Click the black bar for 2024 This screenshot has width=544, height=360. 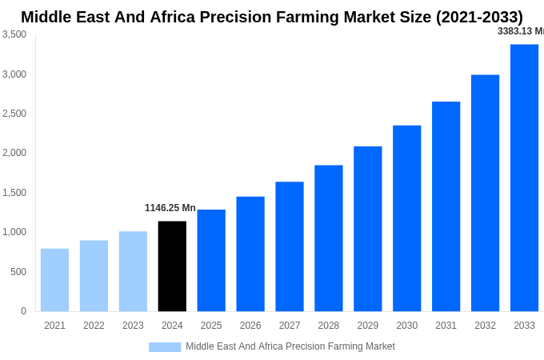[172, 266]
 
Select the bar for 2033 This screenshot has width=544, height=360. [524, 178]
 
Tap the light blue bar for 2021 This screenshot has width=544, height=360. [54, 280]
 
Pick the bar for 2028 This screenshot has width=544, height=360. [328, 238]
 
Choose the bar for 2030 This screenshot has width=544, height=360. [406, 218]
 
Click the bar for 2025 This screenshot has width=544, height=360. [211, 261]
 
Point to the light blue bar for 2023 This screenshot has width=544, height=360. [133, 271]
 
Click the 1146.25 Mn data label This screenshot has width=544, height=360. [170, 208]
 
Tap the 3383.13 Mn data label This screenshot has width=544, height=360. [520, 31]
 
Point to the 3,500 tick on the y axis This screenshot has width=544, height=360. [14, 34]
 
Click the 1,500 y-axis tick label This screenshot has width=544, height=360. [14, 193]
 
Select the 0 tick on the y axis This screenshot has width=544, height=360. [23, 311]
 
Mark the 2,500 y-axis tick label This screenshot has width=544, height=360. [14, 114]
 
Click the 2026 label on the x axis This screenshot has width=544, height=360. [250, 326]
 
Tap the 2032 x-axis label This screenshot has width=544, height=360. [485, 326]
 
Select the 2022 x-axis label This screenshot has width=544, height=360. [94, 326]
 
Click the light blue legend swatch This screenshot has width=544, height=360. [165, 346]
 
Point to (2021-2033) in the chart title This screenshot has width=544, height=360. [478, 17]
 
